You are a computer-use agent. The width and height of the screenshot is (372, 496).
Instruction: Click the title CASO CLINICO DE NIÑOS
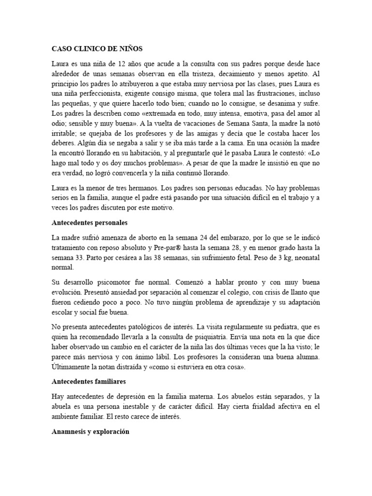(97, 49)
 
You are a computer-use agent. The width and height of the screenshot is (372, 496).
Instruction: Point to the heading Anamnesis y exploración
(91, 431)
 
